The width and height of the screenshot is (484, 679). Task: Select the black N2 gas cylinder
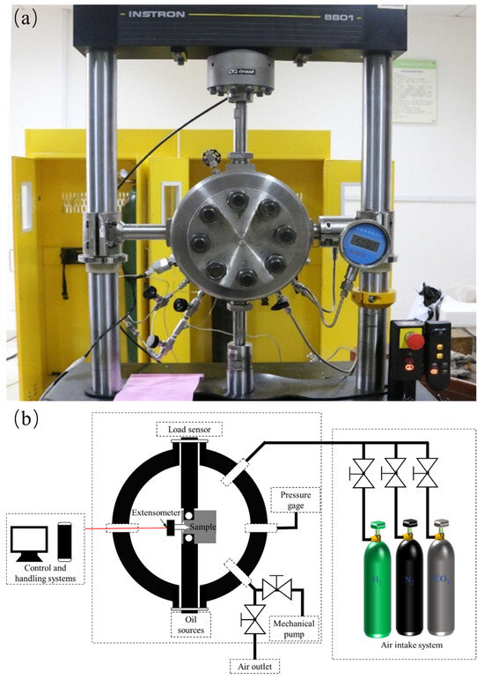click(407, 581)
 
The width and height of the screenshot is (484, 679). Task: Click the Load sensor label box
click(187, 429)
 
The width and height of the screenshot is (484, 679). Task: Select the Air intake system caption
click(407, 646)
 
